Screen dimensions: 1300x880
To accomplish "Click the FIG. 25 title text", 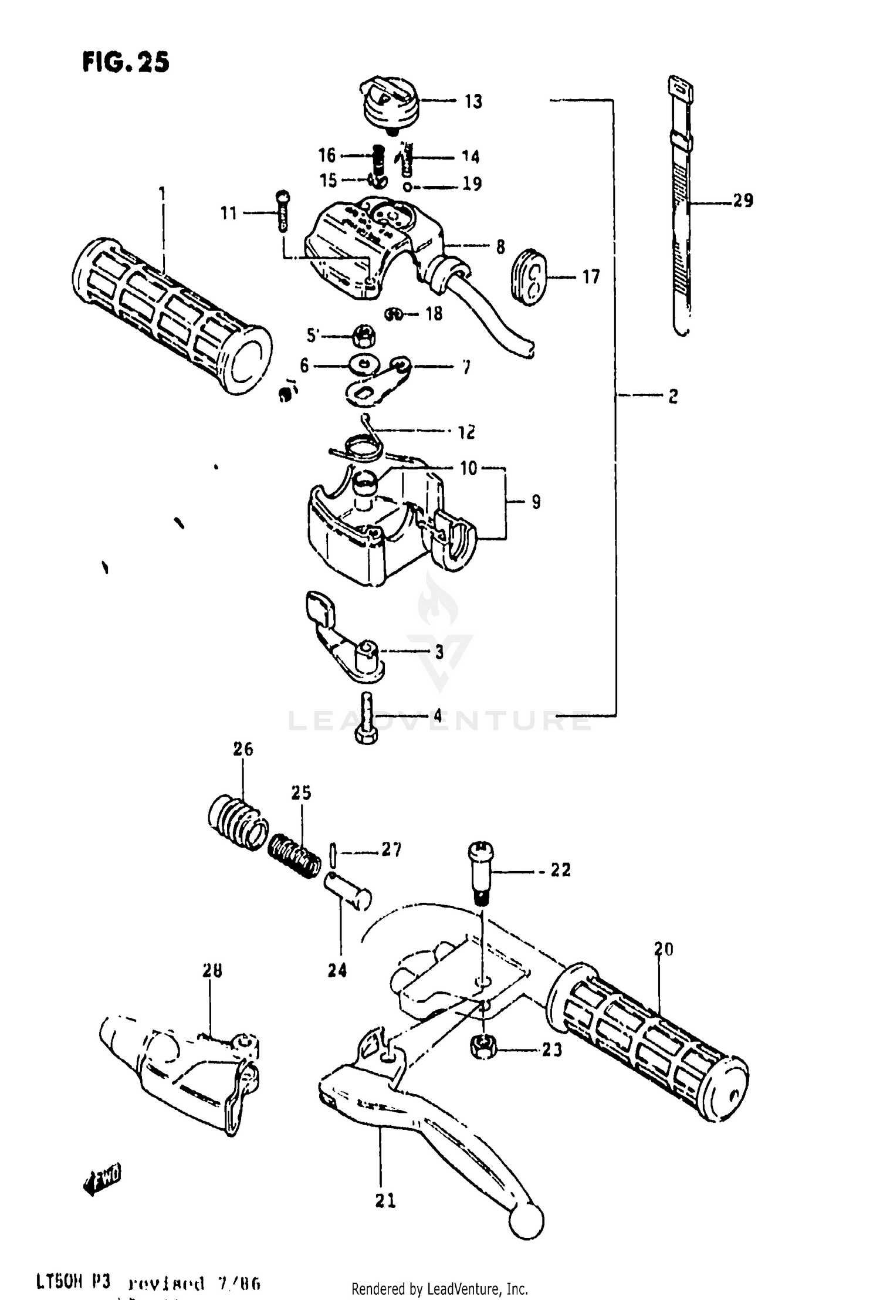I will pyautogui.click(x=126, y=62).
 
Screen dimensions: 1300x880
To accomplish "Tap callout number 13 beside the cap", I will pyautogui.click(x=473, y=101).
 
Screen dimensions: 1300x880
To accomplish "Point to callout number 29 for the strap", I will pyautogui.click(x=743, y=201).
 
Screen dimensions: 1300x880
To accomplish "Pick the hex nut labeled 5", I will pyautogui.click(x=364, y=337).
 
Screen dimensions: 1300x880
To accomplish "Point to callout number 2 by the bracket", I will pyautogui.click(x=673, y=397).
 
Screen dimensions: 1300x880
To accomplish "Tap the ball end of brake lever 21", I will pyautogui.click(x=526, y=1223).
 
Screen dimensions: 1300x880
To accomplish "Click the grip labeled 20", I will pyautogui.click(x=648, y=1043).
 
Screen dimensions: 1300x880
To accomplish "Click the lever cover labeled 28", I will pyautogui.click(x=182, y=1076).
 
